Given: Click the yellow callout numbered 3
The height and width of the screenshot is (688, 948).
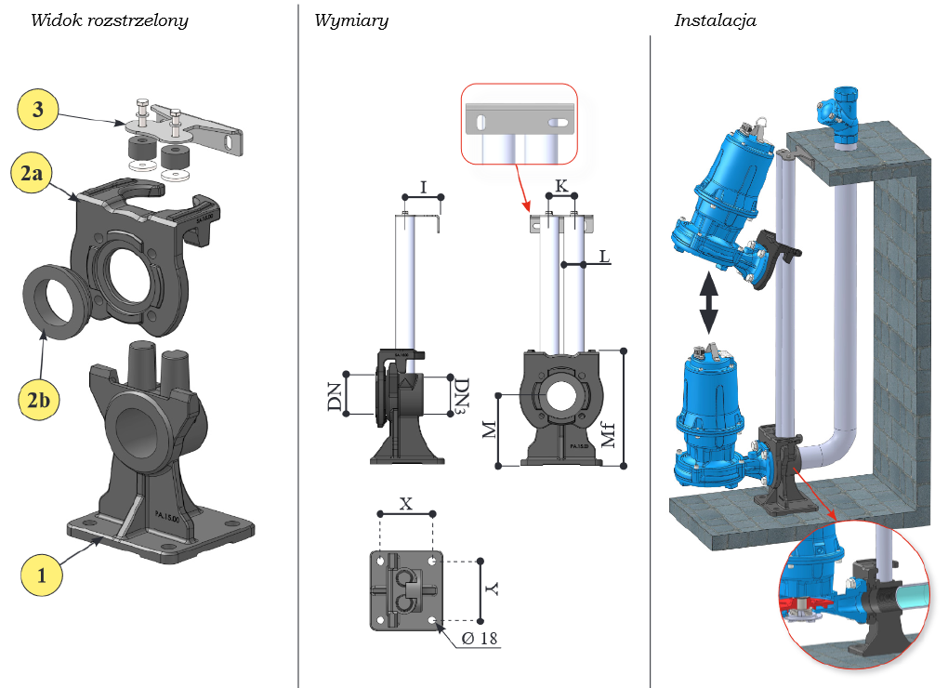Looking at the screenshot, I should (37, 110).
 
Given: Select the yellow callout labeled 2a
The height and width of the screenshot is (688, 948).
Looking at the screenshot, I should (37, 175).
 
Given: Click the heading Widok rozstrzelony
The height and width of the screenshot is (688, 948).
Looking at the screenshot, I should (110, 20).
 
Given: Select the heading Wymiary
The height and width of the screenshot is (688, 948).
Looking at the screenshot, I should (350, 20).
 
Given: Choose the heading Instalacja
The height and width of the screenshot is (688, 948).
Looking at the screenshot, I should (715, 20).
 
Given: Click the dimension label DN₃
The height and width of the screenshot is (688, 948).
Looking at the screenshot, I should (462, 396).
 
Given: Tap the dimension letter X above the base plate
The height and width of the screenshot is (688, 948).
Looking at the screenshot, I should (406, 503).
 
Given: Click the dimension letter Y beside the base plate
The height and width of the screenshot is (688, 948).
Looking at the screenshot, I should (493, 589).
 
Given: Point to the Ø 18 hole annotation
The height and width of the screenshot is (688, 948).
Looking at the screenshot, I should (480, 639).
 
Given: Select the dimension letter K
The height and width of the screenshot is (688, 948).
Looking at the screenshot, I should (560, 186).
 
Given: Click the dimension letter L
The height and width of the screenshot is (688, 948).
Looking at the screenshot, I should (605, 255).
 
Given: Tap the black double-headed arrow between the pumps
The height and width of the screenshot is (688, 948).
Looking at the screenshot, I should (708, 302).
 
